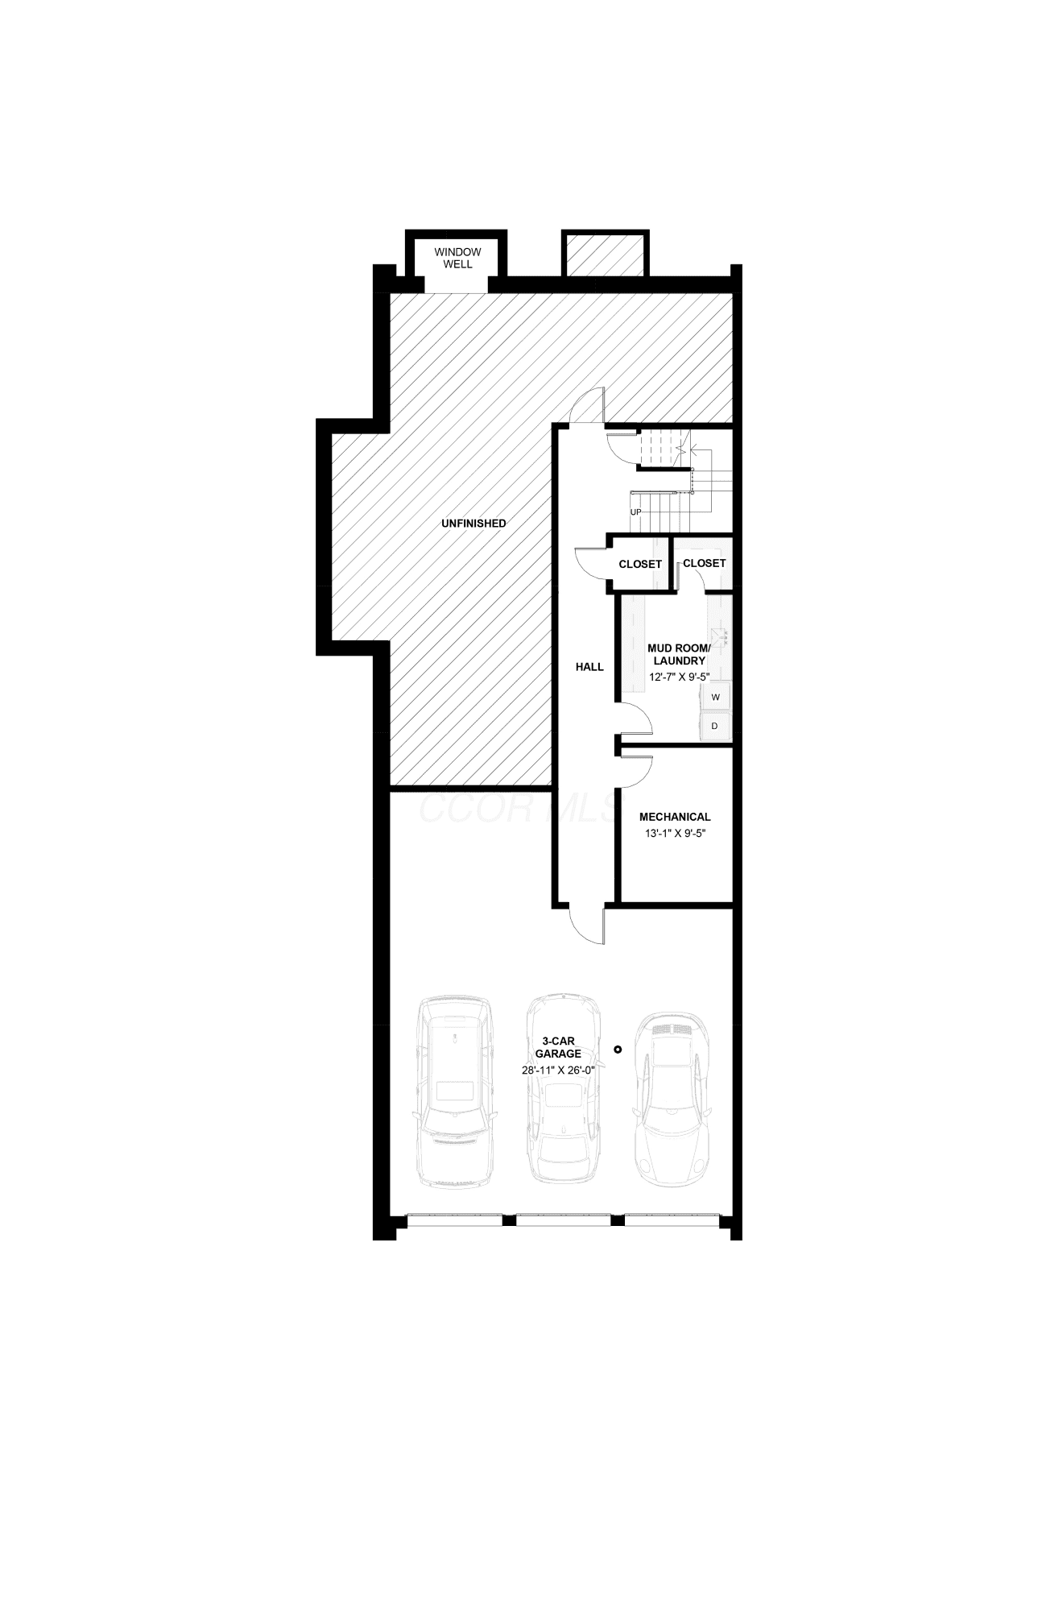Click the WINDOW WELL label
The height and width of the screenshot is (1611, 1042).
point(457,258)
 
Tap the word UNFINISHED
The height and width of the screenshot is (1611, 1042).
point(473,524)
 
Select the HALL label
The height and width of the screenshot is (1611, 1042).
point(589,667)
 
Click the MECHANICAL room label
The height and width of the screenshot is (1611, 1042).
point(675,817)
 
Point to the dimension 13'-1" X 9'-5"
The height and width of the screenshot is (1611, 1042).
point(675,834)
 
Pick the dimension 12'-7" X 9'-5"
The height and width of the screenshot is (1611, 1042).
point(679,677)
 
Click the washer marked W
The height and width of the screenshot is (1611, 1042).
point(715,696)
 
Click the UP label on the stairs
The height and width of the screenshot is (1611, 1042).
point(636,511)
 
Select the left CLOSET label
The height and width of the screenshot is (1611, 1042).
point(640,565)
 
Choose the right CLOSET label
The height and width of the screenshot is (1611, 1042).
point(704,563)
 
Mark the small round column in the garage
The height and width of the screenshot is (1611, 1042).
point(618,1049)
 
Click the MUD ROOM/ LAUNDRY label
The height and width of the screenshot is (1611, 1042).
point(679,654)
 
